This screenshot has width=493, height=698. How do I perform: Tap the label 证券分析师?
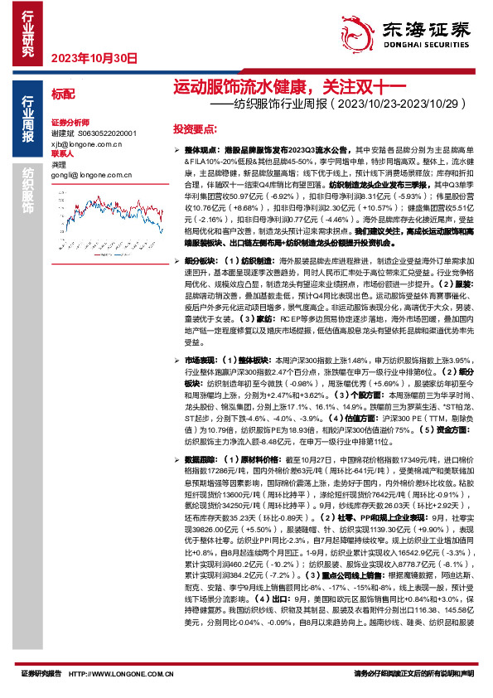69,121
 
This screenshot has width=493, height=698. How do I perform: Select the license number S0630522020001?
106,133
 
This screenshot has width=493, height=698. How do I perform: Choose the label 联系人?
62,154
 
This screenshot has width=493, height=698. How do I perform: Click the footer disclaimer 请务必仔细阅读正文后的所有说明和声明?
413,673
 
